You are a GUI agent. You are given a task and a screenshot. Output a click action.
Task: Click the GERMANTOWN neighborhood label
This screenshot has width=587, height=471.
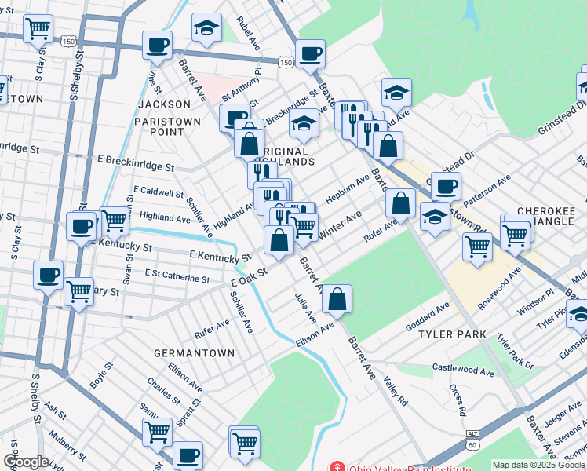[x=194, y=353]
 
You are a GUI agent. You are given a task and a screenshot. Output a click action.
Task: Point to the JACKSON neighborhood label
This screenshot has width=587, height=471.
[x=164, y=104]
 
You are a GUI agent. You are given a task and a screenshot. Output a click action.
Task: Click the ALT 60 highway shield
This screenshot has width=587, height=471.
[x=472, y=438]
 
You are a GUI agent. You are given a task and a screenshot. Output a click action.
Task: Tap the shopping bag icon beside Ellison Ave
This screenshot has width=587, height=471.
[x=337, y=299]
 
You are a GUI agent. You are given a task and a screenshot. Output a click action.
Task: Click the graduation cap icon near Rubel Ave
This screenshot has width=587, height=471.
[x=206, y=27]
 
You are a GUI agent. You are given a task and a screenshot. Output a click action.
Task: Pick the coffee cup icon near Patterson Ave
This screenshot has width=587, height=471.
[x=446, y=187]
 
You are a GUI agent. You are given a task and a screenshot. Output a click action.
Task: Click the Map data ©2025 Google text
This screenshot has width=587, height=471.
[x=538, y=465]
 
